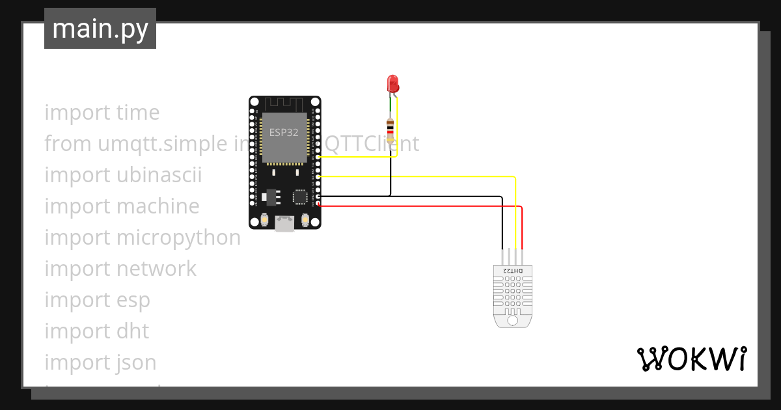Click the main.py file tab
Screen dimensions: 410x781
tap(100, 29)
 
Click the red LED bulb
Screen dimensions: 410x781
tap(392, 83)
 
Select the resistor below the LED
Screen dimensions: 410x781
tap(390, 130)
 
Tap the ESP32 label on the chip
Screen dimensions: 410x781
tap(284, 131)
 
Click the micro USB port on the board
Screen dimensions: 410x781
tap(284, 223)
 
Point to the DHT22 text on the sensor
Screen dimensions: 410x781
tap(512, 270)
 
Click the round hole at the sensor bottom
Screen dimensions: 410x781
tap(512, 320)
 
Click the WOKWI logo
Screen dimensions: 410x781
tap(691, 359)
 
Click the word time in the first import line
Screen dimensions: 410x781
tap(138, 113)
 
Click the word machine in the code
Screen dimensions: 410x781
tap(158, 206)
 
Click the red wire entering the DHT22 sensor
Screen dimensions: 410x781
tap(522, 234)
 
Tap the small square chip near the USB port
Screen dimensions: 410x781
tap(299, 196)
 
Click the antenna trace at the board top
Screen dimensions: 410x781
tap(284, 103)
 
